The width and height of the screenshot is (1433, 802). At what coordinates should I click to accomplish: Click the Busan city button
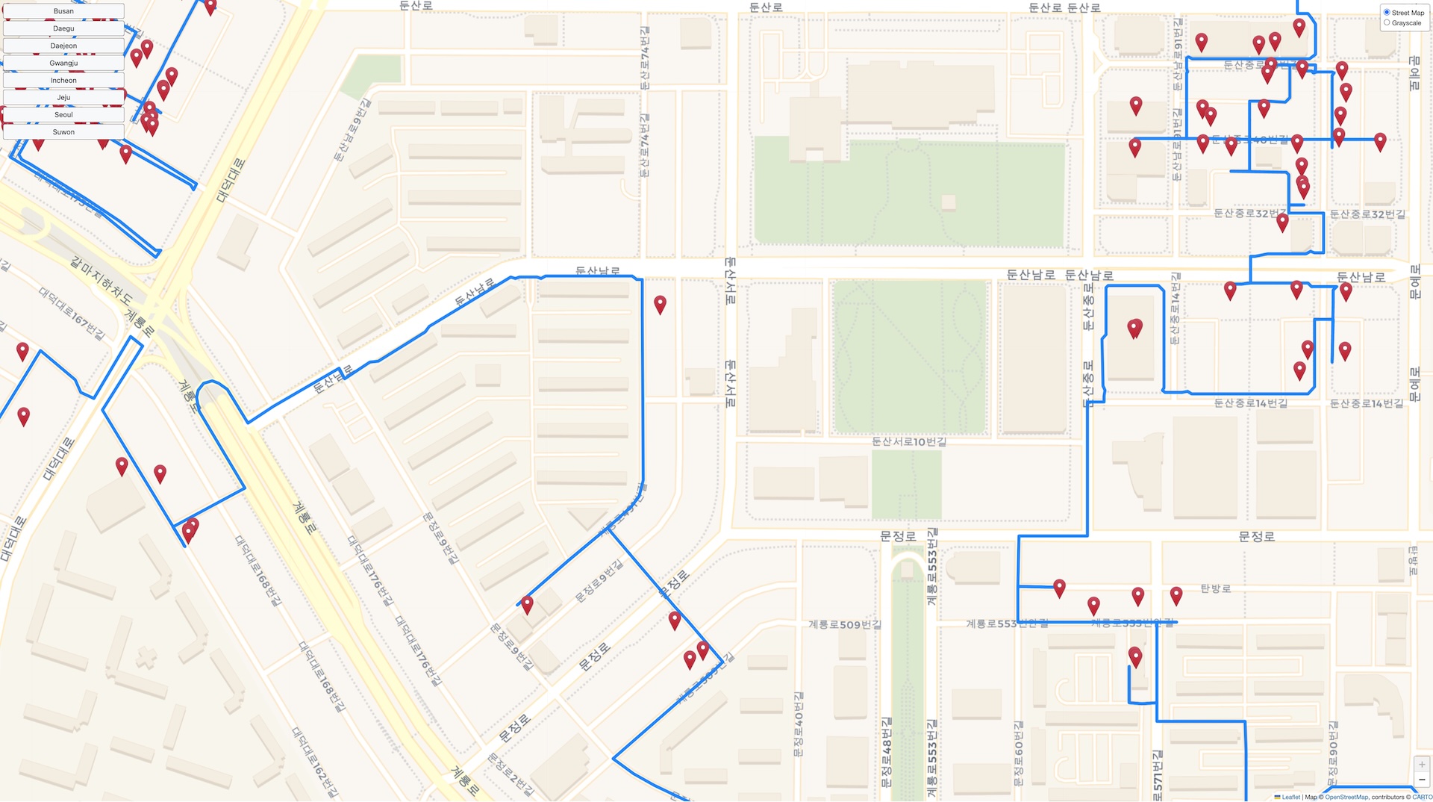(63, 11)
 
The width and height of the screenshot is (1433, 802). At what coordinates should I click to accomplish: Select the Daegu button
(63, 28)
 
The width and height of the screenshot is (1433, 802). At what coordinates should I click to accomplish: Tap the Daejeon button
(63, 46)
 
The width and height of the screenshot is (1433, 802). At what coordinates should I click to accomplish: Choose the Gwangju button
(63, 63)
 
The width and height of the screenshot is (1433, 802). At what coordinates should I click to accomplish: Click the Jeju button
(63, 97)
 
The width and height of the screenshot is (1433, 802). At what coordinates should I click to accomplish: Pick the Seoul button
(63, 114)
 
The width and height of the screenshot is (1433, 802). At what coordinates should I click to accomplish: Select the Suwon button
(63, 131)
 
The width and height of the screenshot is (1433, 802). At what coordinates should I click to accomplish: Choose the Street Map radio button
(1387, 13)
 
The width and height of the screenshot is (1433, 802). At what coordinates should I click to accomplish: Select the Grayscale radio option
(1387, 22)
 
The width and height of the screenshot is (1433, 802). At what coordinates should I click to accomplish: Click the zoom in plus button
(1422, 765)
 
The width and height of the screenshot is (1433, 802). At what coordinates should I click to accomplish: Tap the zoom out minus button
(1422, 780)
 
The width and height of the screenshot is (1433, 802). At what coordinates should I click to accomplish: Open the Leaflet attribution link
(1290, 797)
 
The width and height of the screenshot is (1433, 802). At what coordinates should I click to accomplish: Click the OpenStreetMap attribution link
(1346, 797)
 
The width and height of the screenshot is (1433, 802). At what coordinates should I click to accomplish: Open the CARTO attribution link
(1421, 797)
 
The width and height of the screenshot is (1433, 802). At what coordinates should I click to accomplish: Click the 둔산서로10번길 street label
(909, 441)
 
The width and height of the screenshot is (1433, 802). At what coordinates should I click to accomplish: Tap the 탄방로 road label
(1216, 588)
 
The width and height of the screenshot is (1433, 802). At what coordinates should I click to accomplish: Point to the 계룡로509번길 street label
(845, 624)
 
